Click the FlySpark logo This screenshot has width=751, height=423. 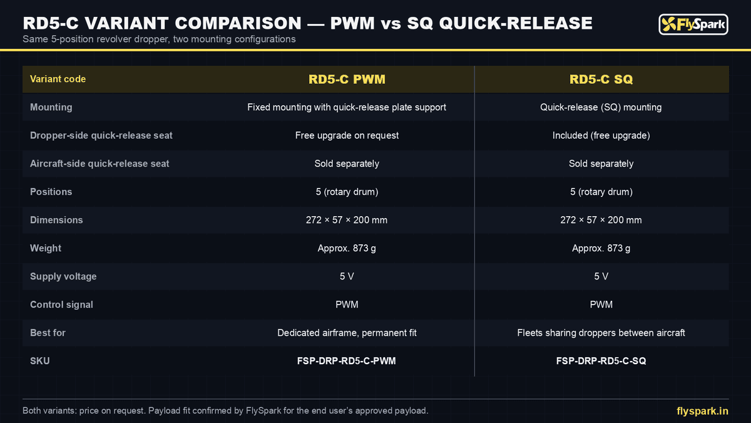693,24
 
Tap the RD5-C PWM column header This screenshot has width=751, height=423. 347,79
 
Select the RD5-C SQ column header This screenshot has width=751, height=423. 601,79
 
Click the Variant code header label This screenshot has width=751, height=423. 58,79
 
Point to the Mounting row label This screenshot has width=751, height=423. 51,107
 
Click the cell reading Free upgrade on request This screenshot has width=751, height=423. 347,135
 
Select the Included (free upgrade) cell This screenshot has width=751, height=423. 601,135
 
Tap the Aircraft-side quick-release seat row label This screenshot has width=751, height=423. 100,164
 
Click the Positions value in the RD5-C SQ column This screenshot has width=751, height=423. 601,192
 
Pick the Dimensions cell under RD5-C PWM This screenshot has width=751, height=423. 347,220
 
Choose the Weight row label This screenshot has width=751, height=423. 46,248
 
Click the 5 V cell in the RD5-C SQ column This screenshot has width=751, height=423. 601,276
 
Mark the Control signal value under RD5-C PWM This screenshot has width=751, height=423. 347,305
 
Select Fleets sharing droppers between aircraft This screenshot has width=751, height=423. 601,333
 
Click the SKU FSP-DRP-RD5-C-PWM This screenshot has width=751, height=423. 346,361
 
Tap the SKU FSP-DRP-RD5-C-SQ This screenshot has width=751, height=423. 601,361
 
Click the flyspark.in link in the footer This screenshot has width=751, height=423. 702,411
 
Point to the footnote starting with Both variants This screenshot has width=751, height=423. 225,410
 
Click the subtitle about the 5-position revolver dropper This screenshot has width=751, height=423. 159,39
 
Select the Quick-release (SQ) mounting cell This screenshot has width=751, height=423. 601,107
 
